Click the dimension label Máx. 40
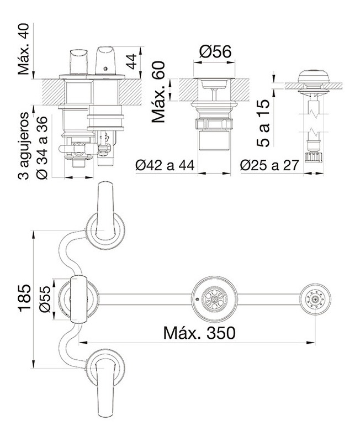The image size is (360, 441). click(23, 49)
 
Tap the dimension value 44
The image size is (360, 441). click(131, 61)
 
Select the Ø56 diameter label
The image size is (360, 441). click(215, 52)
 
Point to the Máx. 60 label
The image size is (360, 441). click(158, 92)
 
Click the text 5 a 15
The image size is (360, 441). click(263, 123)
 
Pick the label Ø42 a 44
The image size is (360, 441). click(165, 165)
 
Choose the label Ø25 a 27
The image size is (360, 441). click(269, 165)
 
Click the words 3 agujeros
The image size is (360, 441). click(23, 146)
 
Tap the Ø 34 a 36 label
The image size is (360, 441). click(42, 148)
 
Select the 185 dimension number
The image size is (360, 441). click(24, 298)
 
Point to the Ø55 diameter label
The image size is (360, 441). click(45, 299)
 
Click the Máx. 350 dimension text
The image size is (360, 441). click(199, 333)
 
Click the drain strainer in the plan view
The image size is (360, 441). click(215, 300)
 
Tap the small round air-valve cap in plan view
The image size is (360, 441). click(315, 300)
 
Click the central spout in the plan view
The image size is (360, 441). click(78, 300)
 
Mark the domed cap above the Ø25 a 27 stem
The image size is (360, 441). click(314, 76)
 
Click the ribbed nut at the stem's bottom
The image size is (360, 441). click(314, 157)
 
